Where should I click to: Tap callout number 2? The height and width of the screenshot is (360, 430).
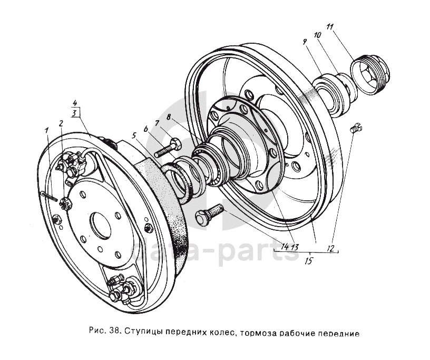tap(61, 123)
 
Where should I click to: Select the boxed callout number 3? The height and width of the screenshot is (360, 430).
tap(75, 113)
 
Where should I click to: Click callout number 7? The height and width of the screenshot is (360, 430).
tap(157, 124)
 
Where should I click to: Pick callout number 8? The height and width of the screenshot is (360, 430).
tap(169, 116)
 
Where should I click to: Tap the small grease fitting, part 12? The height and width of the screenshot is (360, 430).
tap(356, 127)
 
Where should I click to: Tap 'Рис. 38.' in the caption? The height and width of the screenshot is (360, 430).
tap(104, 333)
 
